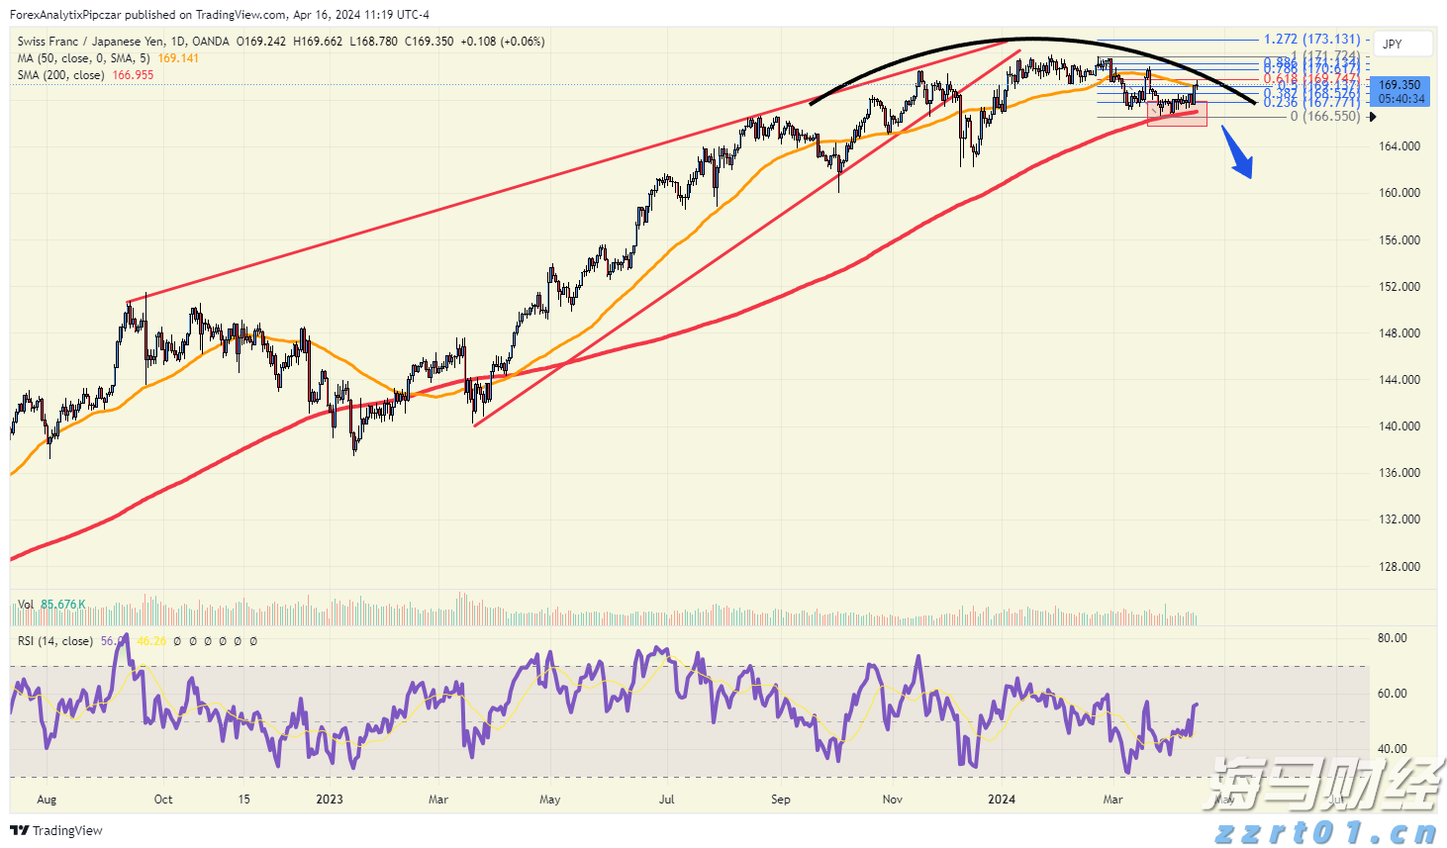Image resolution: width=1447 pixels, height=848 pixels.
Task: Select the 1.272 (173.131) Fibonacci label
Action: coord(1311,40)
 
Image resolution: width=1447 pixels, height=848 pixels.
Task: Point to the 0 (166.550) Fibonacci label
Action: coord(1324,117)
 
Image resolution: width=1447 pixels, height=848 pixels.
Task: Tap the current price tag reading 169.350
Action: coord(1399,85)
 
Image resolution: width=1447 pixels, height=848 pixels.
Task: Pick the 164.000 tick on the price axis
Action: coord(1399,146)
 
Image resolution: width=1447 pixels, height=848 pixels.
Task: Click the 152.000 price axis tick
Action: coord(1399,287)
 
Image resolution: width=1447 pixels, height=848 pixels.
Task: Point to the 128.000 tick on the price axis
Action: coord(1399,567)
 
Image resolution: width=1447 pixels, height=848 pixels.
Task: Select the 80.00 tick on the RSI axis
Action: coord(1392,638)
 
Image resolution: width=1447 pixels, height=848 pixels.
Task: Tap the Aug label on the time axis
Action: coord(47,800)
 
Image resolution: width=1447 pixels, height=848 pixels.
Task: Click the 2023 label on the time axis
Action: coord(330,800)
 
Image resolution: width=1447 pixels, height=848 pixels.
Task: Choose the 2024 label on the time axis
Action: coord(1002,800)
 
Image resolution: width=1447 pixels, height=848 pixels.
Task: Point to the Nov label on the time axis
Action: coord(893,800)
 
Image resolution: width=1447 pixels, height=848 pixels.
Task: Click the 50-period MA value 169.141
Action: coord(178,58)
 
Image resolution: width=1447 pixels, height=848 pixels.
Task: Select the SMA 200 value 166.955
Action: coord(133,75)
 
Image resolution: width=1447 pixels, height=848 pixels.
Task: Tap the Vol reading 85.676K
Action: coord(63,605)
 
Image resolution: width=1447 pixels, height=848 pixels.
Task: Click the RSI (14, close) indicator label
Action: coord(55,641)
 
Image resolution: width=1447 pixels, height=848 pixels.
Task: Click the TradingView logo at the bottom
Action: coord(56,831)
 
